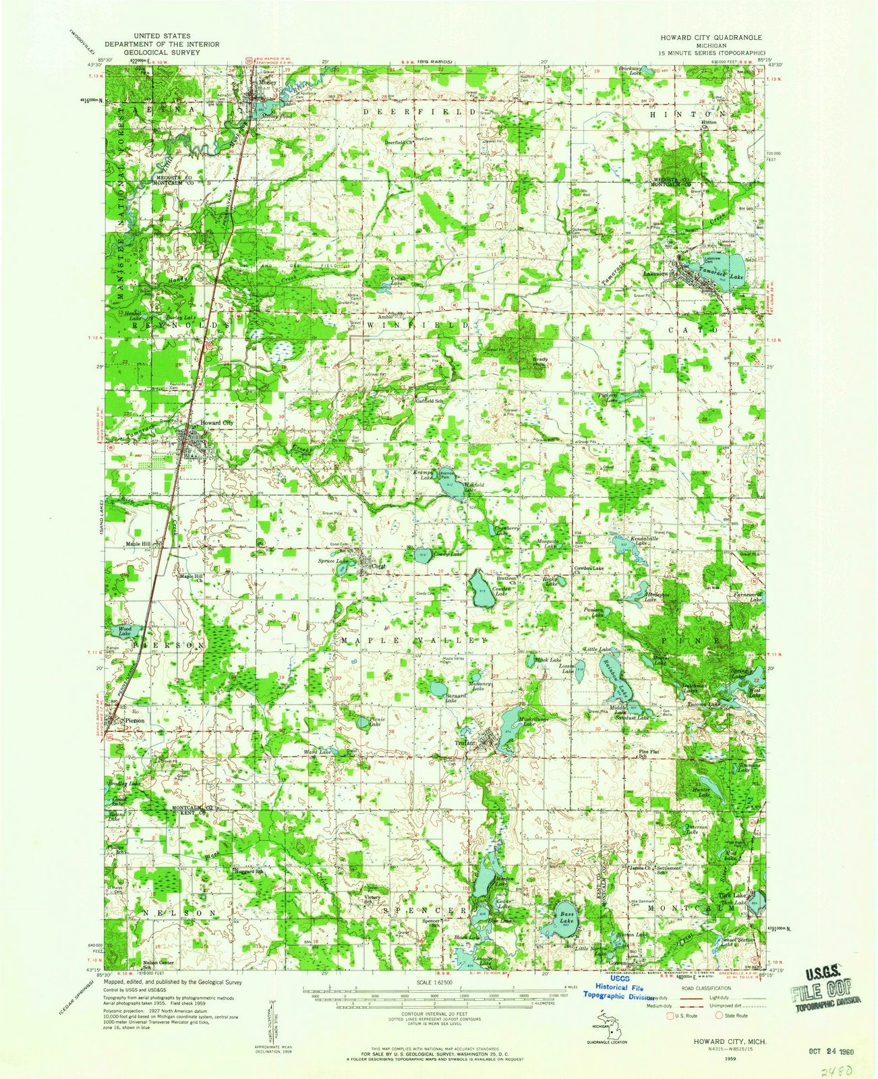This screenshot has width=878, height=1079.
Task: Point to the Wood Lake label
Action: [x=123, y=631]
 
